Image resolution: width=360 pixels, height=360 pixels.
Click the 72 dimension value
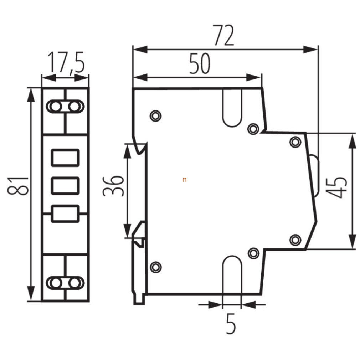click(224, 35)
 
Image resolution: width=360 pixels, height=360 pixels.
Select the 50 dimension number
click(200, 63)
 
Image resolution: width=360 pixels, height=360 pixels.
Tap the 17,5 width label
click(66, 62)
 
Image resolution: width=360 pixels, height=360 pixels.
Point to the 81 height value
click(18, 186)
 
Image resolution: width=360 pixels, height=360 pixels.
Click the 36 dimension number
click(113, 186)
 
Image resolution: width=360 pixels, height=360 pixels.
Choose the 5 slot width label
click(231, 324)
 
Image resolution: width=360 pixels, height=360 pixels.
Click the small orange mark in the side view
click(184, 180)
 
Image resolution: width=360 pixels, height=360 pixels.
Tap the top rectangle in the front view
click(65, 158)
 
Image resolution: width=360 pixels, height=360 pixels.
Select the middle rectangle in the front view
click(65, 185)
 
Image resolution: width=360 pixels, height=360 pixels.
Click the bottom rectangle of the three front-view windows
click(65, 214)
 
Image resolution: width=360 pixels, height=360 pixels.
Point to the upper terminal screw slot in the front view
click(65, 106)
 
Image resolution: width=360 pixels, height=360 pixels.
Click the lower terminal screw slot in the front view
click(65, 283)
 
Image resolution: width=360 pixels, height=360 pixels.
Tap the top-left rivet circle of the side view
click(155, 116)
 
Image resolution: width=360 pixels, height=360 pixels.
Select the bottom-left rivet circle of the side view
click(156, 267)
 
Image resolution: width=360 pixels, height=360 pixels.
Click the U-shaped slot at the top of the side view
click(232, 126)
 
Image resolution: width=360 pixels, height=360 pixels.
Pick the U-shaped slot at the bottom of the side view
click(232, 256)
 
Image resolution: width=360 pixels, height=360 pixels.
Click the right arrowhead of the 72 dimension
click(311, 49)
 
